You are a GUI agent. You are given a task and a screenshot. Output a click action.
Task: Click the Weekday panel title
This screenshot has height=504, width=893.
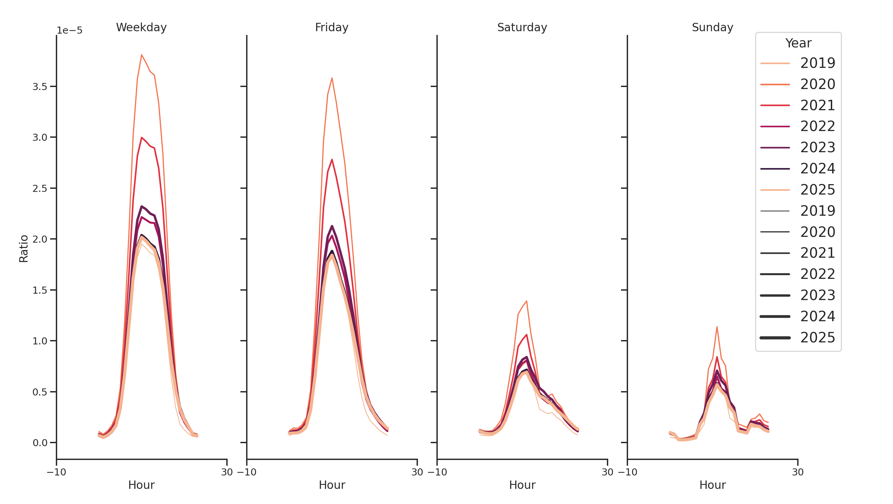[141, 27]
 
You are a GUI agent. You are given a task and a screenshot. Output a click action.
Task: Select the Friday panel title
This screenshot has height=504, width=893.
[332, 27]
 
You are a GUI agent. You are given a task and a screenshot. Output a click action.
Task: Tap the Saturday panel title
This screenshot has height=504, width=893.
[522, 27]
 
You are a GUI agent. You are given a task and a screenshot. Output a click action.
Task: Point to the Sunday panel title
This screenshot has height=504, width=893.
[712, 27]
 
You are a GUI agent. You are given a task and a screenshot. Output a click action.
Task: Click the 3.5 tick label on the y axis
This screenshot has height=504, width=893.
[40, 87]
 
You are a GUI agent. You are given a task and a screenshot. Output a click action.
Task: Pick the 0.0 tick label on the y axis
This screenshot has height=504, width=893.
[40, 443]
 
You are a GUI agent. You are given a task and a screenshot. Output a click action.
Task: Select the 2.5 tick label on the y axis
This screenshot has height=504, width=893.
[40, 188]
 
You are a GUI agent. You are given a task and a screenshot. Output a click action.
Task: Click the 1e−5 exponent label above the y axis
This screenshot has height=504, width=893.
[69, 31]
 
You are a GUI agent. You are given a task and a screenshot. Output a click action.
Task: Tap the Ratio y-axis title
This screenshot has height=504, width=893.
[24, 248]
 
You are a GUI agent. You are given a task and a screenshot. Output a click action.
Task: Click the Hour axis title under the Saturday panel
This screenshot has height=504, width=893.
[522, 485]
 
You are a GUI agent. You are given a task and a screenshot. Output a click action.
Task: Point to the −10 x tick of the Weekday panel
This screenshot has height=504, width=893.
[56, 472]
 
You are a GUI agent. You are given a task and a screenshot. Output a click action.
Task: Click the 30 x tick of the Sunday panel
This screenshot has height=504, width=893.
[797, 472]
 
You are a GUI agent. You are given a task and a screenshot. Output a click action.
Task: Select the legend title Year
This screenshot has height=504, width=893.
[798, 43]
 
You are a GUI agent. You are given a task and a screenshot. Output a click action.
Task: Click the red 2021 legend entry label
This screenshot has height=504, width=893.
[817, 105]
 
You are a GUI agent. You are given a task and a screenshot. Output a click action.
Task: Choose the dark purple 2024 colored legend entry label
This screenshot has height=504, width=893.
[817, 169]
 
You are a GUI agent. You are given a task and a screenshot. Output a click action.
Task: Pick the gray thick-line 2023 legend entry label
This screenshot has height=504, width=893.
[817, 295]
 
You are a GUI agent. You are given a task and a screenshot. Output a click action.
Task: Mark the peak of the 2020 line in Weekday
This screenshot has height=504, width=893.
[142, 55]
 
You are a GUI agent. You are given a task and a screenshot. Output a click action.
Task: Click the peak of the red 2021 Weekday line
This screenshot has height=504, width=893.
[142, 137]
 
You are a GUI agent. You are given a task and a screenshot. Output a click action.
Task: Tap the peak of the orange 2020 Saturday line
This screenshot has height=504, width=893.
[526, 301]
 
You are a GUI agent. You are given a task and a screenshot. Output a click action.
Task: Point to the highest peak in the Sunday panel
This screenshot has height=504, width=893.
[716, 327]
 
